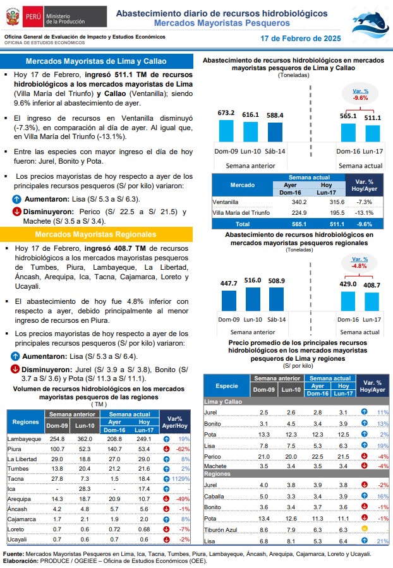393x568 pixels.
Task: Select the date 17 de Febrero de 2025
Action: pos(301,39)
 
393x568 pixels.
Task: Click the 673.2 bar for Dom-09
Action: pos(226,131)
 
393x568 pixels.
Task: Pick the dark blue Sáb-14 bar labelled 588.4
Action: pos(275,132)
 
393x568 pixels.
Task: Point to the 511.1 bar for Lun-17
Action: pos(373,133)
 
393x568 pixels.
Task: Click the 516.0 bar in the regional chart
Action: pos(253,299)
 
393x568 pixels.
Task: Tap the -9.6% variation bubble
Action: pos(360,95)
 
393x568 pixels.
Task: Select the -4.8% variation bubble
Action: pos(360,263)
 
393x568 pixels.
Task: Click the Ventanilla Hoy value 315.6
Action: pos(337,202)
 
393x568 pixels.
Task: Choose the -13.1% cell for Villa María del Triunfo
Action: pos(364,213)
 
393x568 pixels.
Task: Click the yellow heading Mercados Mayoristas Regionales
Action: pos(95,234)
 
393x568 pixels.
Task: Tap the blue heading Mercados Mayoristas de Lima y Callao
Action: pos(96,61)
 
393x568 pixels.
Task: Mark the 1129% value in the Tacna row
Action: pos(181,479)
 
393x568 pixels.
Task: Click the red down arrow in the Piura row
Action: pos(166,449)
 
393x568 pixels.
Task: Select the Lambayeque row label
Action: pos(24,439)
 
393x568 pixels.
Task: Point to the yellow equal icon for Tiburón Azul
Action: pos(365,529)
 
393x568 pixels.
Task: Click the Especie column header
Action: pos(227,386)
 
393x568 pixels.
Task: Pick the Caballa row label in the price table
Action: pos(214,496)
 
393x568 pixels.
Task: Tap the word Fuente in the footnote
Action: pos(13,554)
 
